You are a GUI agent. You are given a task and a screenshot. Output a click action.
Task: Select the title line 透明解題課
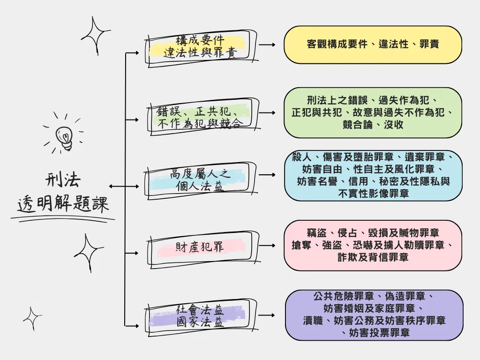63,203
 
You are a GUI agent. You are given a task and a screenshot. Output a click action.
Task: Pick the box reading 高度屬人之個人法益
201,180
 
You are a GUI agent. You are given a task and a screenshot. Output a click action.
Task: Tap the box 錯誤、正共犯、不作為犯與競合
202,117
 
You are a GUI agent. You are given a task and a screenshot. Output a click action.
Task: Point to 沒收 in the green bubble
394,125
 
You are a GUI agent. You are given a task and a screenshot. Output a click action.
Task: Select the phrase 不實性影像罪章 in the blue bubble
374,194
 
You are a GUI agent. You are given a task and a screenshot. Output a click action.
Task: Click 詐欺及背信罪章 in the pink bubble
373,257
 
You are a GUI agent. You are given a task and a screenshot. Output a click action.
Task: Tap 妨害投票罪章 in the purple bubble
380,332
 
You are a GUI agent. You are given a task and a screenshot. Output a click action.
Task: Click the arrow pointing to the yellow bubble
267,45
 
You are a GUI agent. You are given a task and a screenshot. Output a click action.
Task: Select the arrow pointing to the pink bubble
267,246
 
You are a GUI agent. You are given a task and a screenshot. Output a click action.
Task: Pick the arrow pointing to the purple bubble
267,315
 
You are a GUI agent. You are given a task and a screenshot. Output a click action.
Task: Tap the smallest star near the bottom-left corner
32,318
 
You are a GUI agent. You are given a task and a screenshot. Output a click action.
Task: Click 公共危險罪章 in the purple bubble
344,296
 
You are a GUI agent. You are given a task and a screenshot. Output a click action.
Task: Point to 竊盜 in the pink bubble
317,233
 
